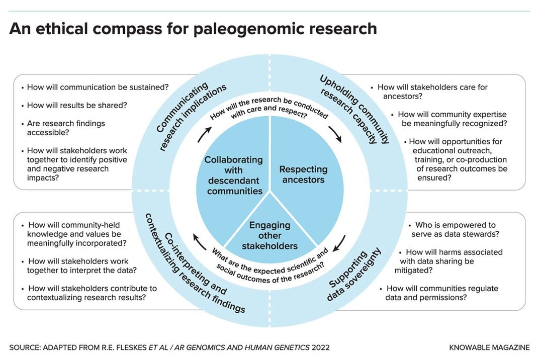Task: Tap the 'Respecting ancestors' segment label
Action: click(x=303, y=174)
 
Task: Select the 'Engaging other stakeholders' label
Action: click(x=270, y=235)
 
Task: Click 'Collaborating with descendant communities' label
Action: click(x=234, y=175)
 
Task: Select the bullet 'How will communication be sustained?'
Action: click(x=95, y=87)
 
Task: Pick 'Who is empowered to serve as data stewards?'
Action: click(x=454, y=230)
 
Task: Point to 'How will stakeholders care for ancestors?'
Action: click(x=429, y=92)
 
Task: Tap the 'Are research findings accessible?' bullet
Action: click(x=63, y=128)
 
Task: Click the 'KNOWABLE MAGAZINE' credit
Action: click(x=489, y=347)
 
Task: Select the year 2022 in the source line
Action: click(x=320, y=347)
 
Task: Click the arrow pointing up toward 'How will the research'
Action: click(x=205, y=134)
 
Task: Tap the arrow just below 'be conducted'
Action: click(x=335, y=134)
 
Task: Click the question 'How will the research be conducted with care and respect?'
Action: click(x=269, y=108)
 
